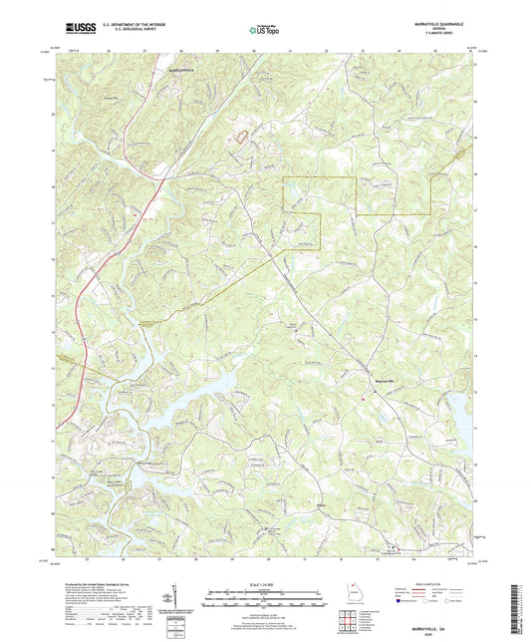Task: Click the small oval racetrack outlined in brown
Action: coord(240,133)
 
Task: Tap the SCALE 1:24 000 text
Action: coord(265,585)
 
